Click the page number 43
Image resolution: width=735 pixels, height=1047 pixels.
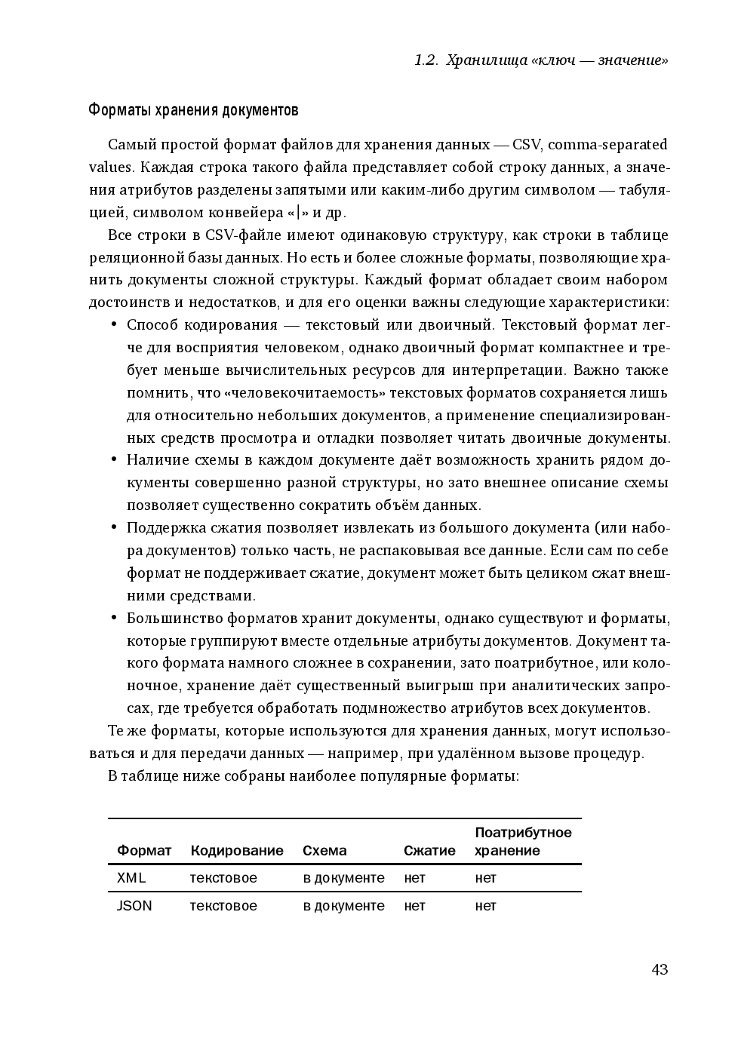(x=659, y=969)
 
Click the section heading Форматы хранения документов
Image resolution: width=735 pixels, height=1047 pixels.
(x=193, y=110)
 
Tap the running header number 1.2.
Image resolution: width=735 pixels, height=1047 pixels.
(x=426, y=60)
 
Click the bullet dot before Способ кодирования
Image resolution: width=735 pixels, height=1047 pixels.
(x=114, y=325)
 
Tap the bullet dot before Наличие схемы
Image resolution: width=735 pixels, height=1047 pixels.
(x=114, y=460)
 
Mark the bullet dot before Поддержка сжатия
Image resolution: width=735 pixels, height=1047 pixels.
(x=114, y=528)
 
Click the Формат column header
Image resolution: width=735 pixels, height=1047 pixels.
(x=144, y=851)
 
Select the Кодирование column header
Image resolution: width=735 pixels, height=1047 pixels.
(x=237, y=851)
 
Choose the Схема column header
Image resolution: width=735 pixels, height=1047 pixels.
(x=324, y=851)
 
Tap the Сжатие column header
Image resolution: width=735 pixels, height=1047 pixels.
(x=429, y=851)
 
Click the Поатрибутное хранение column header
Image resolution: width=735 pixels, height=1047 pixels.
(x=523, y=842)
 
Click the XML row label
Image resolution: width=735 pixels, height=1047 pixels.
(x=131, y=878)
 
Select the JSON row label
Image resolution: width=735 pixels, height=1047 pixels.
(x=134, y=906)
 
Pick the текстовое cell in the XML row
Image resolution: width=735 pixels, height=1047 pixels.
(x=223, y=878)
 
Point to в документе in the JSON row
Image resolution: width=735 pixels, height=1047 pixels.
(x=343, y=906)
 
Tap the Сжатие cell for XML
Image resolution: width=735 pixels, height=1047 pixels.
(x=414, y=878)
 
